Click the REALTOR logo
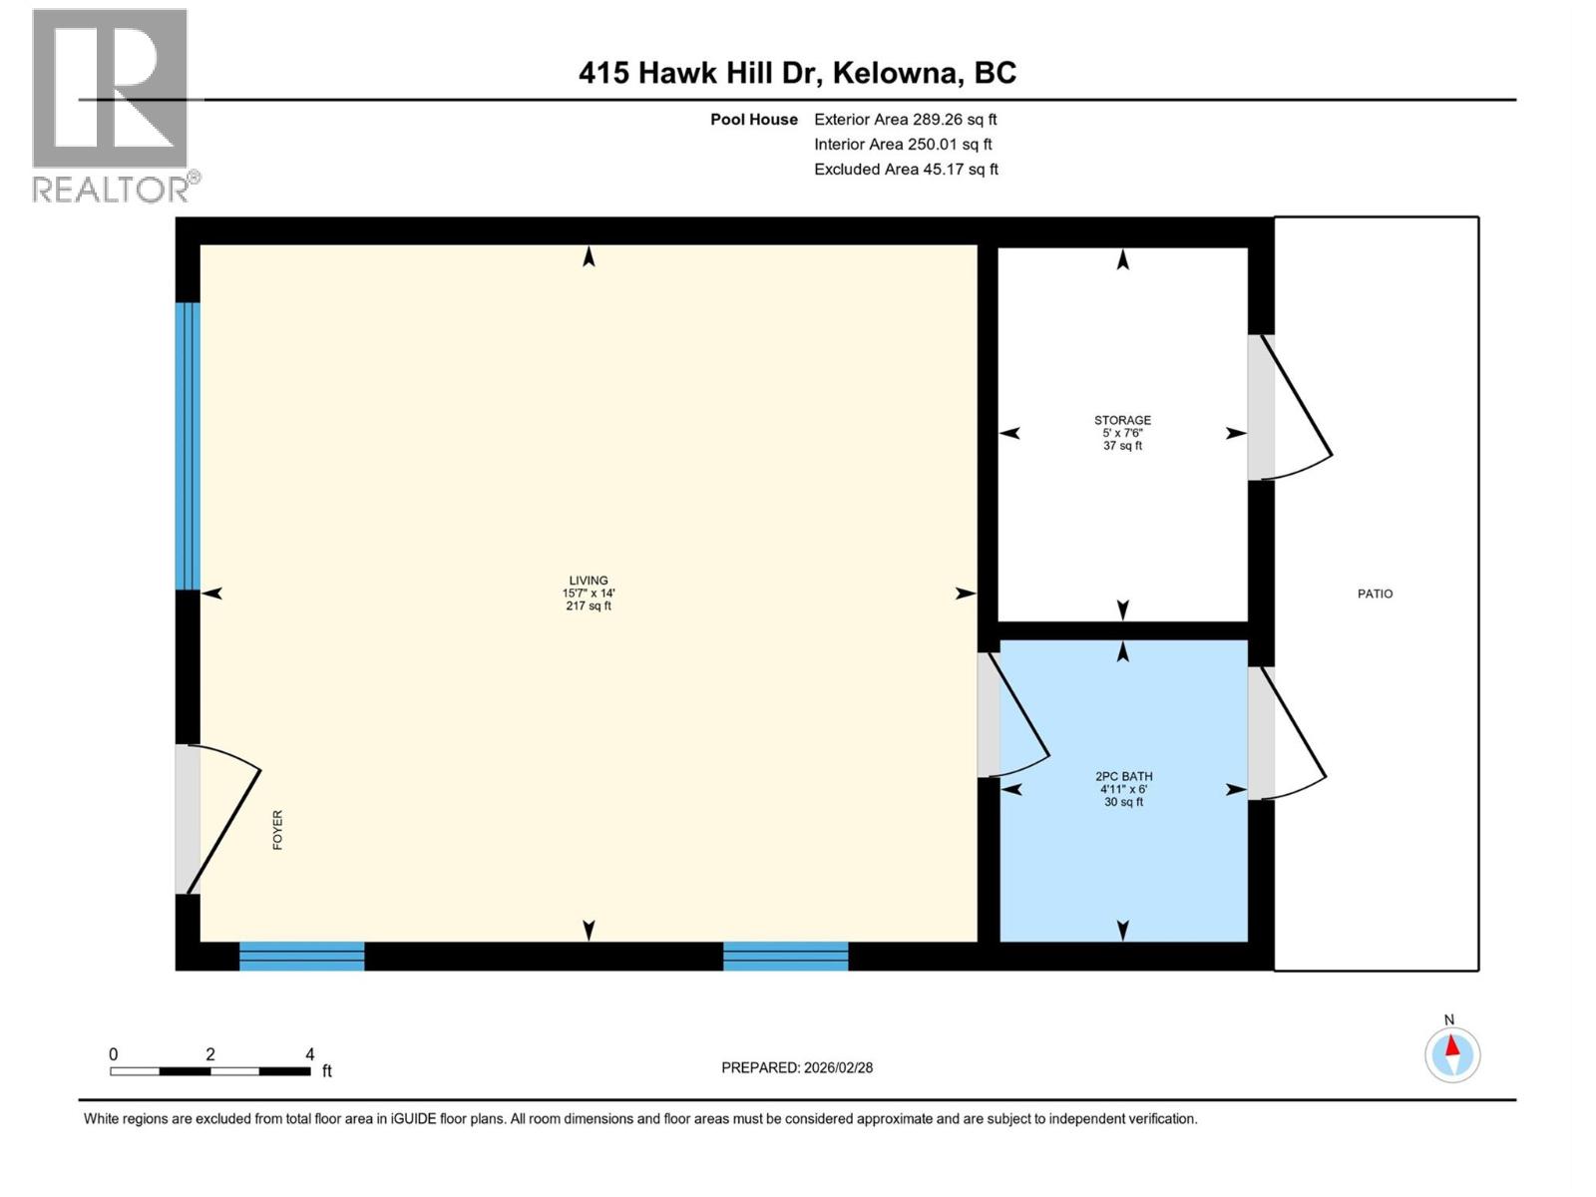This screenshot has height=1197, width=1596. (x=116, y=106)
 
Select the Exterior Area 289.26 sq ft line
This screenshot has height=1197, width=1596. (x=906, y=119)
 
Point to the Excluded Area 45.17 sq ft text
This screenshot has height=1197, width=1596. (x=906, y=170)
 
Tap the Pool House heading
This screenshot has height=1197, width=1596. (x=753, y=119)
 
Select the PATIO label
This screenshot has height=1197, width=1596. (x=1375, y=594)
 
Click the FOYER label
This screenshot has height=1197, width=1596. (x=277, y=829)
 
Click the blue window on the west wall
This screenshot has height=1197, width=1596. (x=188, y=446)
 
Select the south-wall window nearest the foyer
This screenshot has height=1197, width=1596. (x=302, y=956)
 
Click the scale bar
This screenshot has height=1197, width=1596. (x=210, y=1071)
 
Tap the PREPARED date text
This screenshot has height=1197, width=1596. (x=796, y=1067)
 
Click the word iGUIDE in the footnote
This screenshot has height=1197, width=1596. (x=412, y=1119)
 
